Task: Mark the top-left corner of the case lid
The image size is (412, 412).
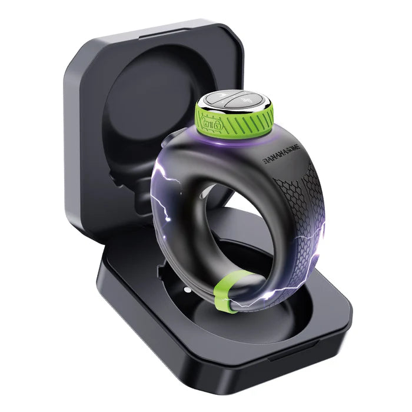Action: pos(68,56)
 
